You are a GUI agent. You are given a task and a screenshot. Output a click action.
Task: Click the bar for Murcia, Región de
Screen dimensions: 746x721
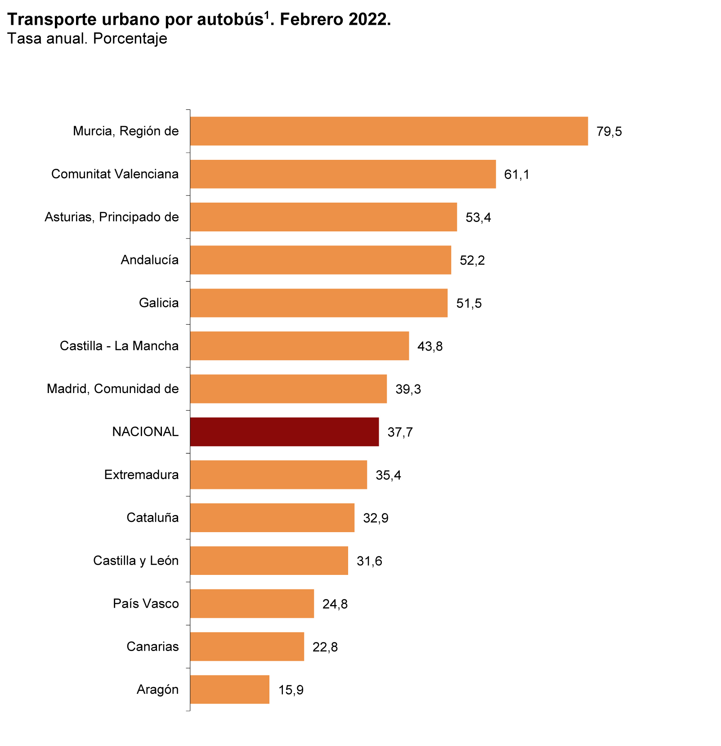tap(389, 131)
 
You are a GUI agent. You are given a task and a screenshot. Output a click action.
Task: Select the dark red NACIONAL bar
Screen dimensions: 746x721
tap(284, 432)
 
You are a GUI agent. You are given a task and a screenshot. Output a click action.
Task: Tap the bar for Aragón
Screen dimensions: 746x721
tap(229, 689)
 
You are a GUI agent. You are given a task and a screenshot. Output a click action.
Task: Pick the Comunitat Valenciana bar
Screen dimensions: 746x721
tap(343, 174)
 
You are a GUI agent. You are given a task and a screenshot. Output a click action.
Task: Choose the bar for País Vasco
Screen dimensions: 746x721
tap(252, 603)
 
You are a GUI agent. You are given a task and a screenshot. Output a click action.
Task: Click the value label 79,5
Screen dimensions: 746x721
tap(609, 132)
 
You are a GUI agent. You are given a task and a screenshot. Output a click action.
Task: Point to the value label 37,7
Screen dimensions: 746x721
tap(400, 433)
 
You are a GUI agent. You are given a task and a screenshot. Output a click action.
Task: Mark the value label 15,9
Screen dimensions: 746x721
tap(291, 690)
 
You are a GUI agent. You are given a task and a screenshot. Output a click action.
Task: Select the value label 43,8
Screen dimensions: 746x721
tap(430, 347)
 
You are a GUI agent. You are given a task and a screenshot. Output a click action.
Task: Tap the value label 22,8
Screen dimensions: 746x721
tap(325, 647)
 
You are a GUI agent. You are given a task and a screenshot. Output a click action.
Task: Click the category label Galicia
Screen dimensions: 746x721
tap(159, 303)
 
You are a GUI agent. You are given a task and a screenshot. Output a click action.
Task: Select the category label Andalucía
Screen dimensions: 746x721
tap(149, 260)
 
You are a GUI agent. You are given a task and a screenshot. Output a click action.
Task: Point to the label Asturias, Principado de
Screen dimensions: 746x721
tap(112, 217)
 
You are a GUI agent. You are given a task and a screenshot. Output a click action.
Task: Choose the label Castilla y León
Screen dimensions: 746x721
tap(136, 561)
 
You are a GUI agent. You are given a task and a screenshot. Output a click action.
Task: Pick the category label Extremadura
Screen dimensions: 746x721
tap(141, 475)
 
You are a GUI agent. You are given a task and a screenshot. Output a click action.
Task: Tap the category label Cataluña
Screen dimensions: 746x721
tap(152, 518)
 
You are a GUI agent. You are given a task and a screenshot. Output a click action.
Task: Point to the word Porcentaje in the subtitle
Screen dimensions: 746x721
tap(130, 39)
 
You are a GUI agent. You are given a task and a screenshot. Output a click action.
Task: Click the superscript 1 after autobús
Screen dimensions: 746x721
tap(266, 16)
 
